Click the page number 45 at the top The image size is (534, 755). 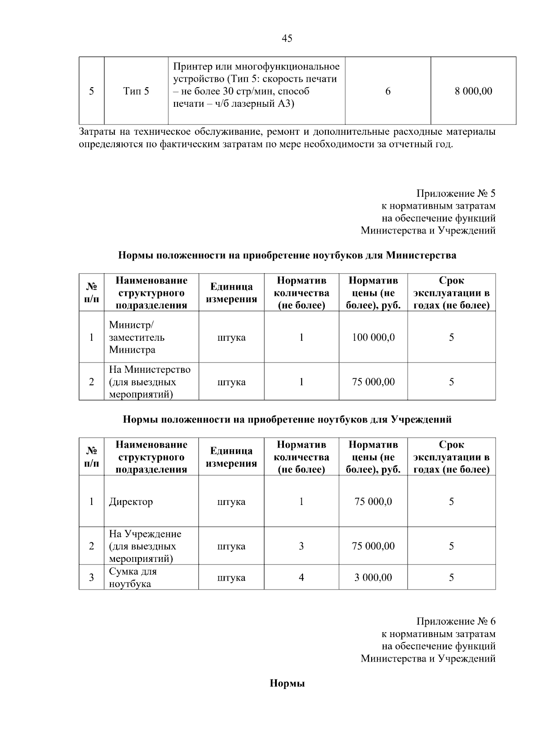point(287,39)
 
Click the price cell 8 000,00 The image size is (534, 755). point(473,91)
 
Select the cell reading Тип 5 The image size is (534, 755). point(136,92)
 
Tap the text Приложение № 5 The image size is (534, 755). point(455,194)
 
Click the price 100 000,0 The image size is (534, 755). point(373,337)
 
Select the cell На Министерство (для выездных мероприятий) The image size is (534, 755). point(150,382)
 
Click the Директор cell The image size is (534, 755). point(131,501)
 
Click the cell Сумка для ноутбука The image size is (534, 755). point(133,577)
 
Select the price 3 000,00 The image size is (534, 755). point(373,577)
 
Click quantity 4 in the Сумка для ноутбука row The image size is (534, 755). point(301,577)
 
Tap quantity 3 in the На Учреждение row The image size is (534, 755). point(301,546)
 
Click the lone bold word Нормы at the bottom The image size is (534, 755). point(287,684)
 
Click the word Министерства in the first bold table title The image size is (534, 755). point(421,256)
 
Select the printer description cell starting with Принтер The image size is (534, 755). point(256,85)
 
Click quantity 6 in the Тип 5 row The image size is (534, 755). point(388,91)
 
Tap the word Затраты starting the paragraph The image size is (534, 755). point(96,132)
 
